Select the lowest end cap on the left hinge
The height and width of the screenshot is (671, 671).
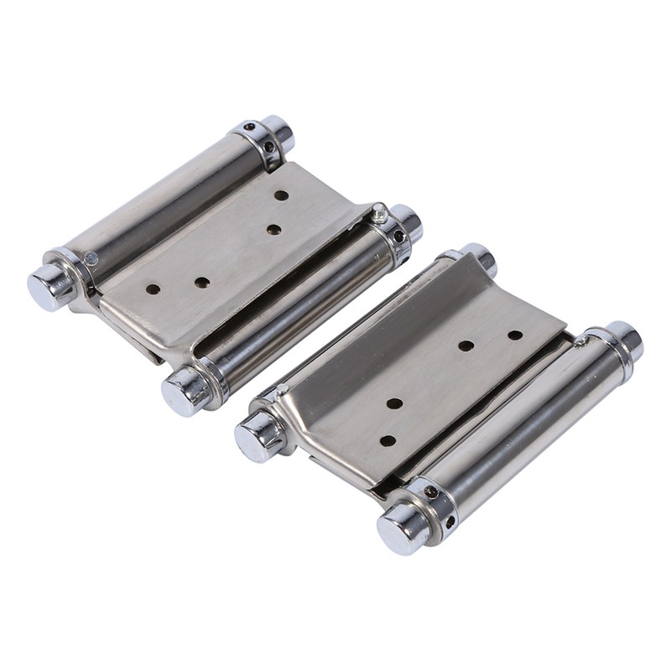tap(182, 389)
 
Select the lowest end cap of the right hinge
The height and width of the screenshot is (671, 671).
tap(400, 526)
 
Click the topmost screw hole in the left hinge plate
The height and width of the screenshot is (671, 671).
tap(281, 195)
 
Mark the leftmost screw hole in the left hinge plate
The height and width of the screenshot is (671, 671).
tap(153, 289)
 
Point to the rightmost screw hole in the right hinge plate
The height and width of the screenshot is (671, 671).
tap(515, 335)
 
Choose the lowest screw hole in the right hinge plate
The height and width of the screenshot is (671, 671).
tap(388, 440)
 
